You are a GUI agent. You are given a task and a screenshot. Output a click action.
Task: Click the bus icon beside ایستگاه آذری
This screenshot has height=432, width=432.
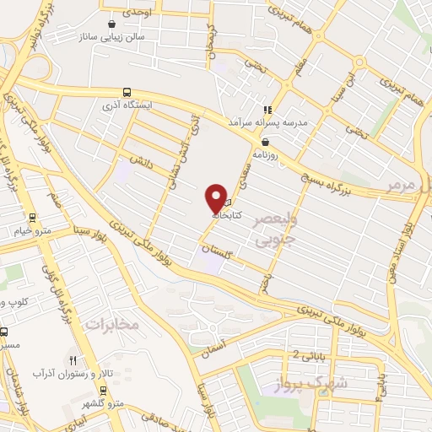tap(127, 92)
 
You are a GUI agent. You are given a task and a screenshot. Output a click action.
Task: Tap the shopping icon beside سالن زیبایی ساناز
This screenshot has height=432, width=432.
tap(111, 25)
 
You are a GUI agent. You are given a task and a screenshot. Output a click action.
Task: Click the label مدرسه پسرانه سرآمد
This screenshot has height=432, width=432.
tap(262, 122)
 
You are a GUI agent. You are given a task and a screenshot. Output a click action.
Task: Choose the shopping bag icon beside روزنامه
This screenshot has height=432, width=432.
tap(266, 142)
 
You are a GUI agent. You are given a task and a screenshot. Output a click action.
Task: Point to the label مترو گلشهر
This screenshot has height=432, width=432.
tap(110, 403)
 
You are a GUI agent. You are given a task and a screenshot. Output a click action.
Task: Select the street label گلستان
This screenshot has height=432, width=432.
tap(217, 247)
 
